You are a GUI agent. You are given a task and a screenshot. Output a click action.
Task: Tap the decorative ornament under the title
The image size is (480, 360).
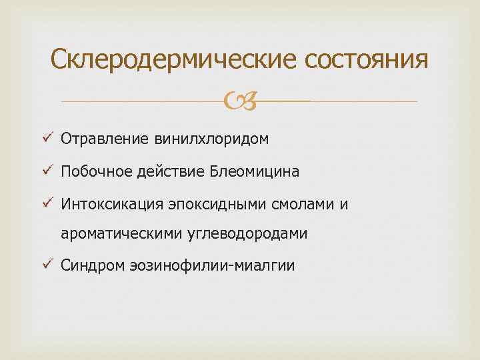point(239,101)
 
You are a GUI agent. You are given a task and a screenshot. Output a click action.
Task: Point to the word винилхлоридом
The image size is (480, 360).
point(211,139)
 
